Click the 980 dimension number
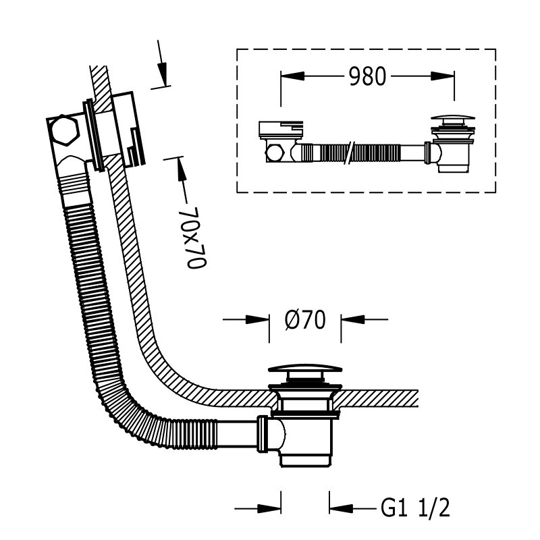tap(367, 76)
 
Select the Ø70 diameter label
tap(306, 320)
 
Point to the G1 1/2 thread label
tap(415, 508)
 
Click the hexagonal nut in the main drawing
tap(63, 130)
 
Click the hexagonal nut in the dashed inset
tap(275, 153)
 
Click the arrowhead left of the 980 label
tap(292, 76)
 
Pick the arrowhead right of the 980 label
tap(443, 76)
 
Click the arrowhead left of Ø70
tap(257, 319)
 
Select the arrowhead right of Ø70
tap(352, 319)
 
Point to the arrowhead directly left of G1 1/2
tap(341, 508)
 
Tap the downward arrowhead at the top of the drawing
tap(163, 74)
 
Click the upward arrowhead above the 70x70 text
tap(181, 169)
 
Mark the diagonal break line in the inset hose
tap(351, 153)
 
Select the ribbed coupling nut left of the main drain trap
tap(263, 434)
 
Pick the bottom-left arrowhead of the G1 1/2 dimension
tap(269, 508)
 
